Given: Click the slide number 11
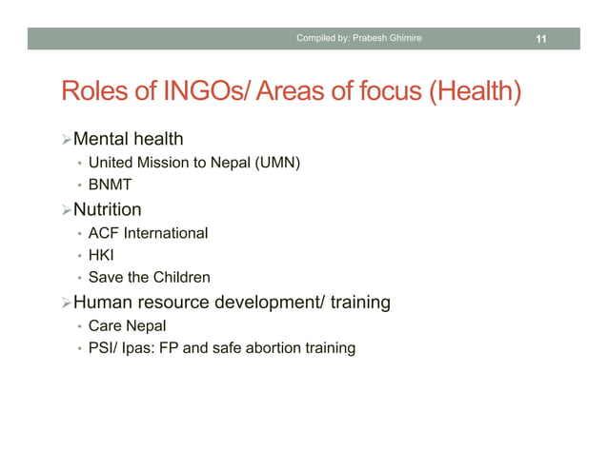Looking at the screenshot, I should [540, 39].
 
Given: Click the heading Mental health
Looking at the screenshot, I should [128, 141].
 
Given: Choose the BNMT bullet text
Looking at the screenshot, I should [110, 186].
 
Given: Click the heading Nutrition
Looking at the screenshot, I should [107, 209].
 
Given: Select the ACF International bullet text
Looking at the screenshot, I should [148, 233].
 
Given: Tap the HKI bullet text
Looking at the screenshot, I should [101, 255].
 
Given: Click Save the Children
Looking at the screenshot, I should [149, 278].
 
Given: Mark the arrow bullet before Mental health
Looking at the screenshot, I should [66, 142].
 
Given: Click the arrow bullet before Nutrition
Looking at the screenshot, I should [66, 210].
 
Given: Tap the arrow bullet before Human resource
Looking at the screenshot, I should [66, 303].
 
